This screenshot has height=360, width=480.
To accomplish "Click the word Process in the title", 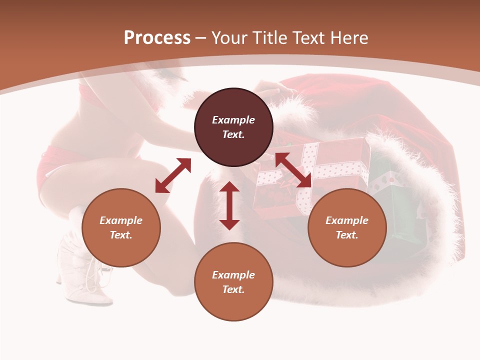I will click(x=157, y=38).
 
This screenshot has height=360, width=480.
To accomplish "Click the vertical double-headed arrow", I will click(x=229, y=205).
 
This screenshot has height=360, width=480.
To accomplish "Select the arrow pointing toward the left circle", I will click(x=173, y=175).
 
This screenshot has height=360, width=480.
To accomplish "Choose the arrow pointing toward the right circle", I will click(x=293, y=170).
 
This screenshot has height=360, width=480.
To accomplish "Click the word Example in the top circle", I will click(x=233, y=120).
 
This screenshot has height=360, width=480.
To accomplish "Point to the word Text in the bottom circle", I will click(x=233, y=289).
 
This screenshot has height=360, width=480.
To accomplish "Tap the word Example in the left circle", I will click(x=121, y=220).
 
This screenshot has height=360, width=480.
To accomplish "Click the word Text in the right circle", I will click(x=347, y=235).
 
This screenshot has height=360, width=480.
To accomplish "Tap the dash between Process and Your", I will click(x=201, y=38).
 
